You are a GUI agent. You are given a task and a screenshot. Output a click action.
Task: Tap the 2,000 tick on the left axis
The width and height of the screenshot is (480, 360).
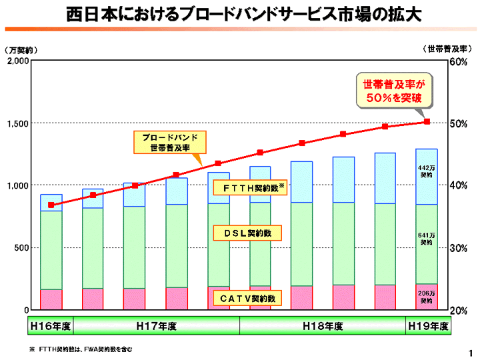point(16,61)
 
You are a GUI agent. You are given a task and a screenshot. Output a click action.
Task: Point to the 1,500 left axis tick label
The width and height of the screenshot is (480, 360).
point(16,123)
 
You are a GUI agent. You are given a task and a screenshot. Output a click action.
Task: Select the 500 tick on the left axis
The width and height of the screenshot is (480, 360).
point(20,247)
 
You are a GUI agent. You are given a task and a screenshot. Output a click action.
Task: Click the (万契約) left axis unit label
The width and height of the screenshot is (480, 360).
point(21,50)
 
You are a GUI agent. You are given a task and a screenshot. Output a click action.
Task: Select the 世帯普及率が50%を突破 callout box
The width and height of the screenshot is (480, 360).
point(393,91)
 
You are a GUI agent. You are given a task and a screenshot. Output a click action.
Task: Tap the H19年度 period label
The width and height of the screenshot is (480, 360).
point(429,326)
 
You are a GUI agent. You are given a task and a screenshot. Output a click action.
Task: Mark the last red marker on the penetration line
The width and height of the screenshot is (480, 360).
point(427,122)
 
